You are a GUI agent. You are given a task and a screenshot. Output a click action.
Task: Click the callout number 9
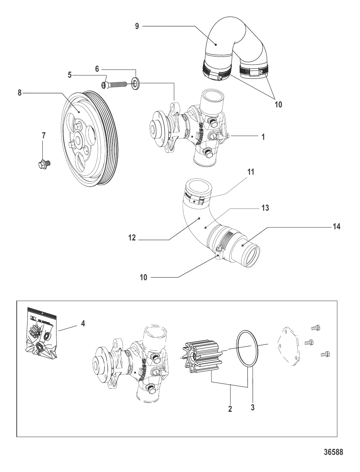[x=137, y=26]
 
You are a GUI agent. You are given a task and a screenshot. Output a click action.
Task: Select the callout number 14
[x=336, y=226]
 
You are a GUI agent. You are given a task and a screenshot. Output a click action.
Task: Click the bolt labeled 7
[x=45, y=164]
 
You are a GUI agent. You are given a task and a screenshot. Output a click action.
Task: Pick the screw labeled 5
[x=114, y=86]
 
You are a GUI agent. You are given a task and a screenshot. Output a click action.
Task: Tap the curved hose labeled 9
[x=230, y=45]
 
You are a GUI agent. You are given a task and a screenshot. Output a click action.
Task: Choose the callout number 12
[x=132, y=237]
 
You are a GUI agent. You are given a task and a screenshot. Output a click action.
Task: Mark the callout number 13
[x=265, y=208]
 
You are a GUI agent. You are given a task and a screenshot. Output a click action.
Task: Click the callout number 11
[x=251, y=172]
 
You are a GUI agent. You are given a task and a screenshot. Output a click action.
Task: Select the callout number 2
[x=230, y=409]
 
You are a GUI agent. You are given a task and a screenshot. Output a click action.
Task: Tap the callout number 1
[x=263, y=137]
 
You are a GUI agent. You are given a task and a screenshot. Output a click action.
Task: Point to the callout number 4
[x=83, y=324]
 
